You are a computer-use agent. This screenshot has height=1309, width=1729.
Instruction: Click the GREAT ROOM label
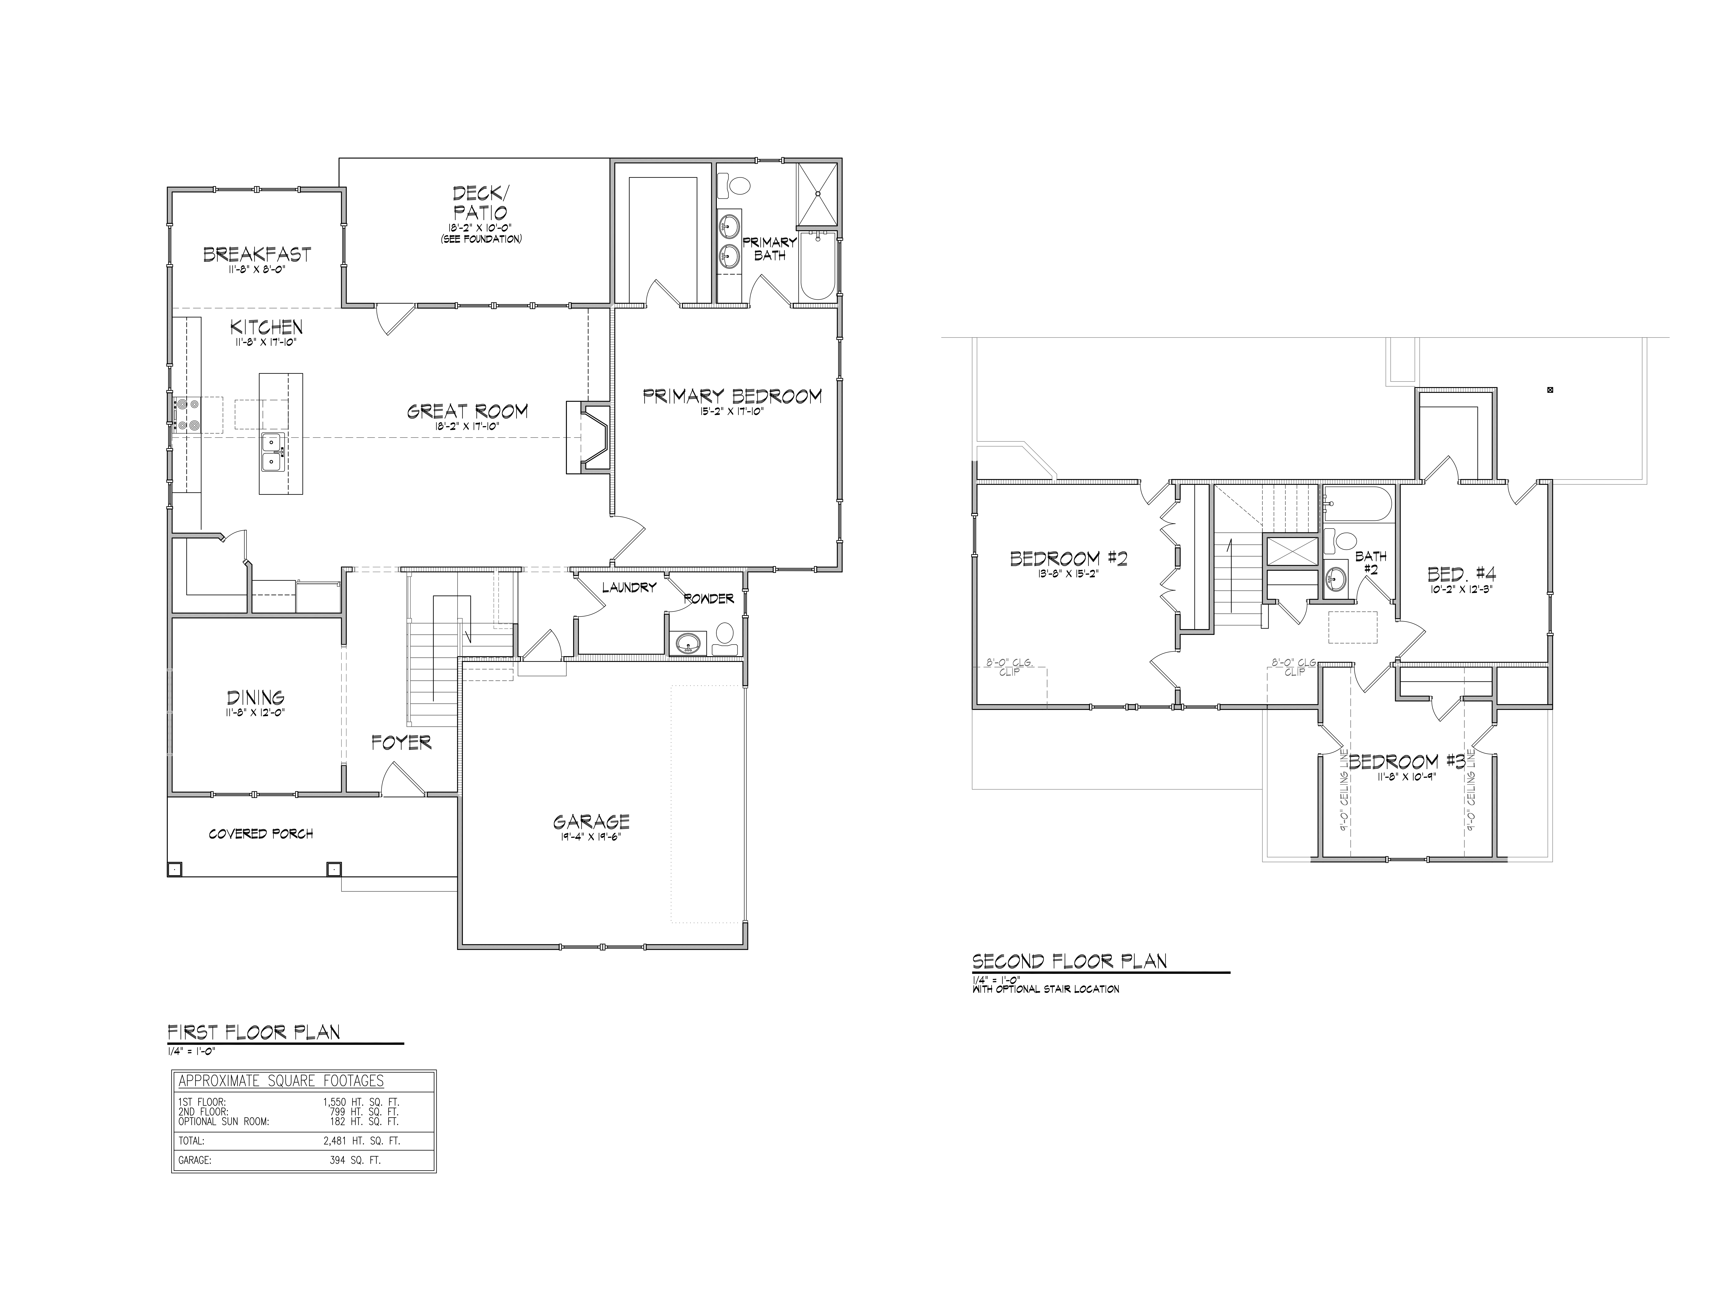pos(467,410)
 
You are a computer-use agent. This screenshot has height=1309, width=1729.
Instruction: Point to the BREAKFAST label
pos(257,254)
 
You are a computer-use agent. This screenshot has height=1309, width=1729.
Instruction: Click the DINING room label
pos(256,697)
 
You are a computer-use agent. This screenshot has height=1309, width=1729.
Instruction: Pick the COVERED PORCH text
pos(261,834)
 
